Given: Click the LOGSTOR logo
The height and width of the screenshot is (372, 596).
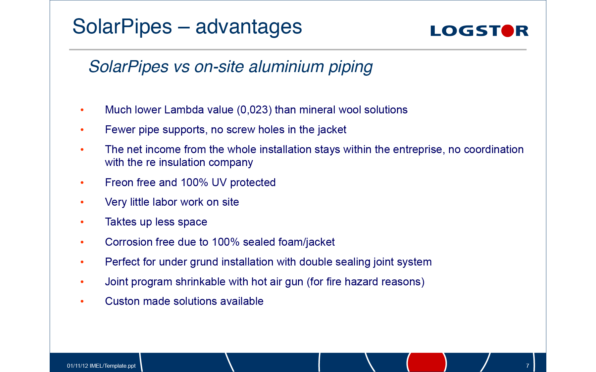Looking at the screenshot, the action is (x=479, y=31).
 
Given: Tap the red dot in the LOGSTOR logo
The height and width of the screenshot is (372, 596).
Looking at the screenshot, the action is (x=508, y=31).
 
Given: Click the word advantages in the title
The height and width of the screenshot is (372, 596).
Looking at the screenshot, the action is (x=249, y=27).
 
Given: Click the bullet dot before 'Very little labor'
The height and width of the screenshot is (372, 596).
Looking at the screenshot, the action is (x=82, y=202).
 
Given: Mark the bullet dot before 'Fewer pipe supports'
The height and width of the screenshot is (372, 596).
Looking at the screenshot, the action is (x=82, y=130).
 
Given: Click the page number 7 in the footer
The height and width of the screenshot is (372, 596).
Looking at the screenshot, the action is (x=527, y=366).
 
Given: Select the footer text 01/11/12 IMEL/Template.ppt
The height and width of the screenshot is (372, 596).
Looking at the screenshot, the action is (x=101, y=366).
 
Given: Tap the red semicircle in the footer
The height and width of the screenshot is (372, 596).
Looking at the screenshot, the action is (x=427, y=362).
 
